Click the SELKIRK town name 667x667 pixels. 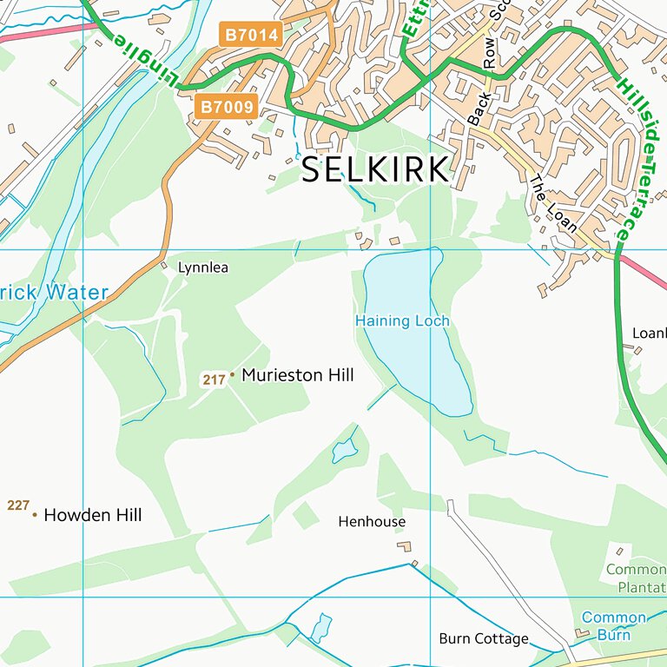point(375,169)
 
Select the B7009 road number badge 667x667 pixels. point(227,107)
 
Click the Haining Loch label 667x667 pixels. point(402,321)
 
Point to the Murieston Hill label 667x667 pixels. point(297,375)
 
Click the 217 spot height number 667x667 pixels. point(213,380)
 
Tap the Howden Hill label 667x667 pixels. point(92,515)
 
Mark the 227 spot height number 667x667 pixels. point(18,505)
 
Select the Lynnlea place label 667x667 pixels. point(202,267)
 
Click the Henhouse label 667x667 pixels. point(372,522)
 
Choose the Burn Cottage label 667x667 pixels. point(483,639)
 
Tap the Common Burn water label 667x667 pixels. point(613,626)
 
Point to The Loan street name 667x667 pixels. point(553,203)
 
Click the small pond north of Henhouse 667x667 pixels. point(345,450)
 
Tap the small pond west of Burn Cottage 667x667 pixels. point(320,627)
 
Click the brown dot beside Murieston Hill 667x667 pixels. point(232,376)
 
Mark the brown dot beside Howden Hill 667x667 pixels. point(35,516)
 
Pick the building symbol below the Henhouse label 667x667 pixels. point(404,546)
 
